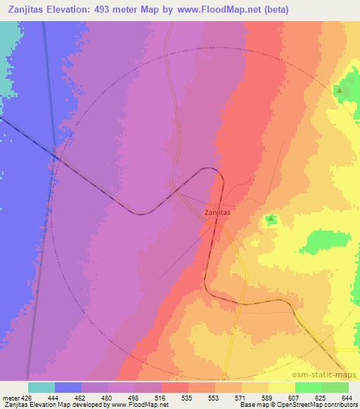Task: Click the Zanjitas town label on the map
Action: (217, 212)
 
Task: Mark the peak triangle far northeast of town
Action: (340, 91)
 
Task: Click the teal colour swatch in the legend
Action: (41, 387)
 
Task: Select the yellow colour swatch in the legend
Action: (281, 387)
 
